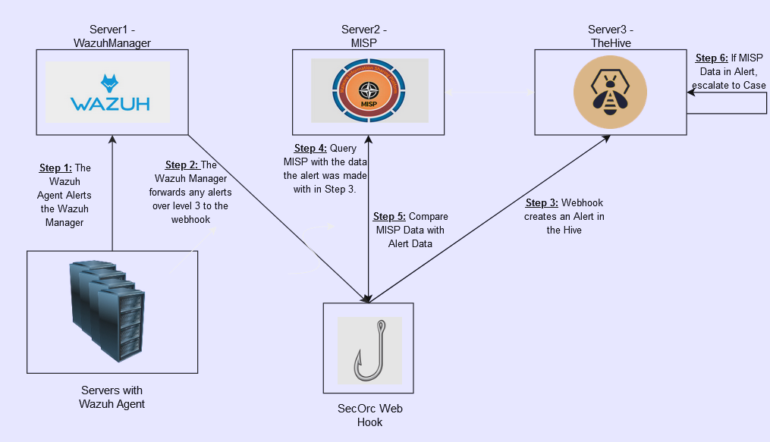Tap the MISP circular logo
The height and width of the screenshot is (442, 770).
(369, 91)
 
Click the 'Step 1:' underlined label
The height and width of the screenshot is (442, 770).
(55, 168)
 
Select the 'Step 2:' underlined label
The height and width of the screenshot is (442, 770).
(181, 165)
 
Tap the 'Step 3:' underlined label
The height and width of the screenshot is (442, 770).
(542, 202)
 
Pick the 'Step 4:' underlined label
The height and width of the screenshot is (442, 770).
(310, 149)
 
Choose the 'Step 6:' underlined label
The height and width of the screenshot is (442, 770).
(712, 58)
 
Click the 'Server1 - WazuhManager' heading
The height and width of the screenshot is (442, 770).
(112, 36)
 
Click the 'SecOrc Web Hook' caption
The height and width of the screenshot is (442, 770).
(369, 415)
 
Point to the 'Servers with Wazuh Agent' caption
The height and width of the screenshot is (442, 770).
(112, 397)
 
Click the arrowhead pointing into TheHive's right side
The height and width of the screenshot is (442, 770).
(691, 92)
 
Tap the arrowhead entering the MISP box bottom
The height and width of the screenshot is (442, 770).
(369, 140)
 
